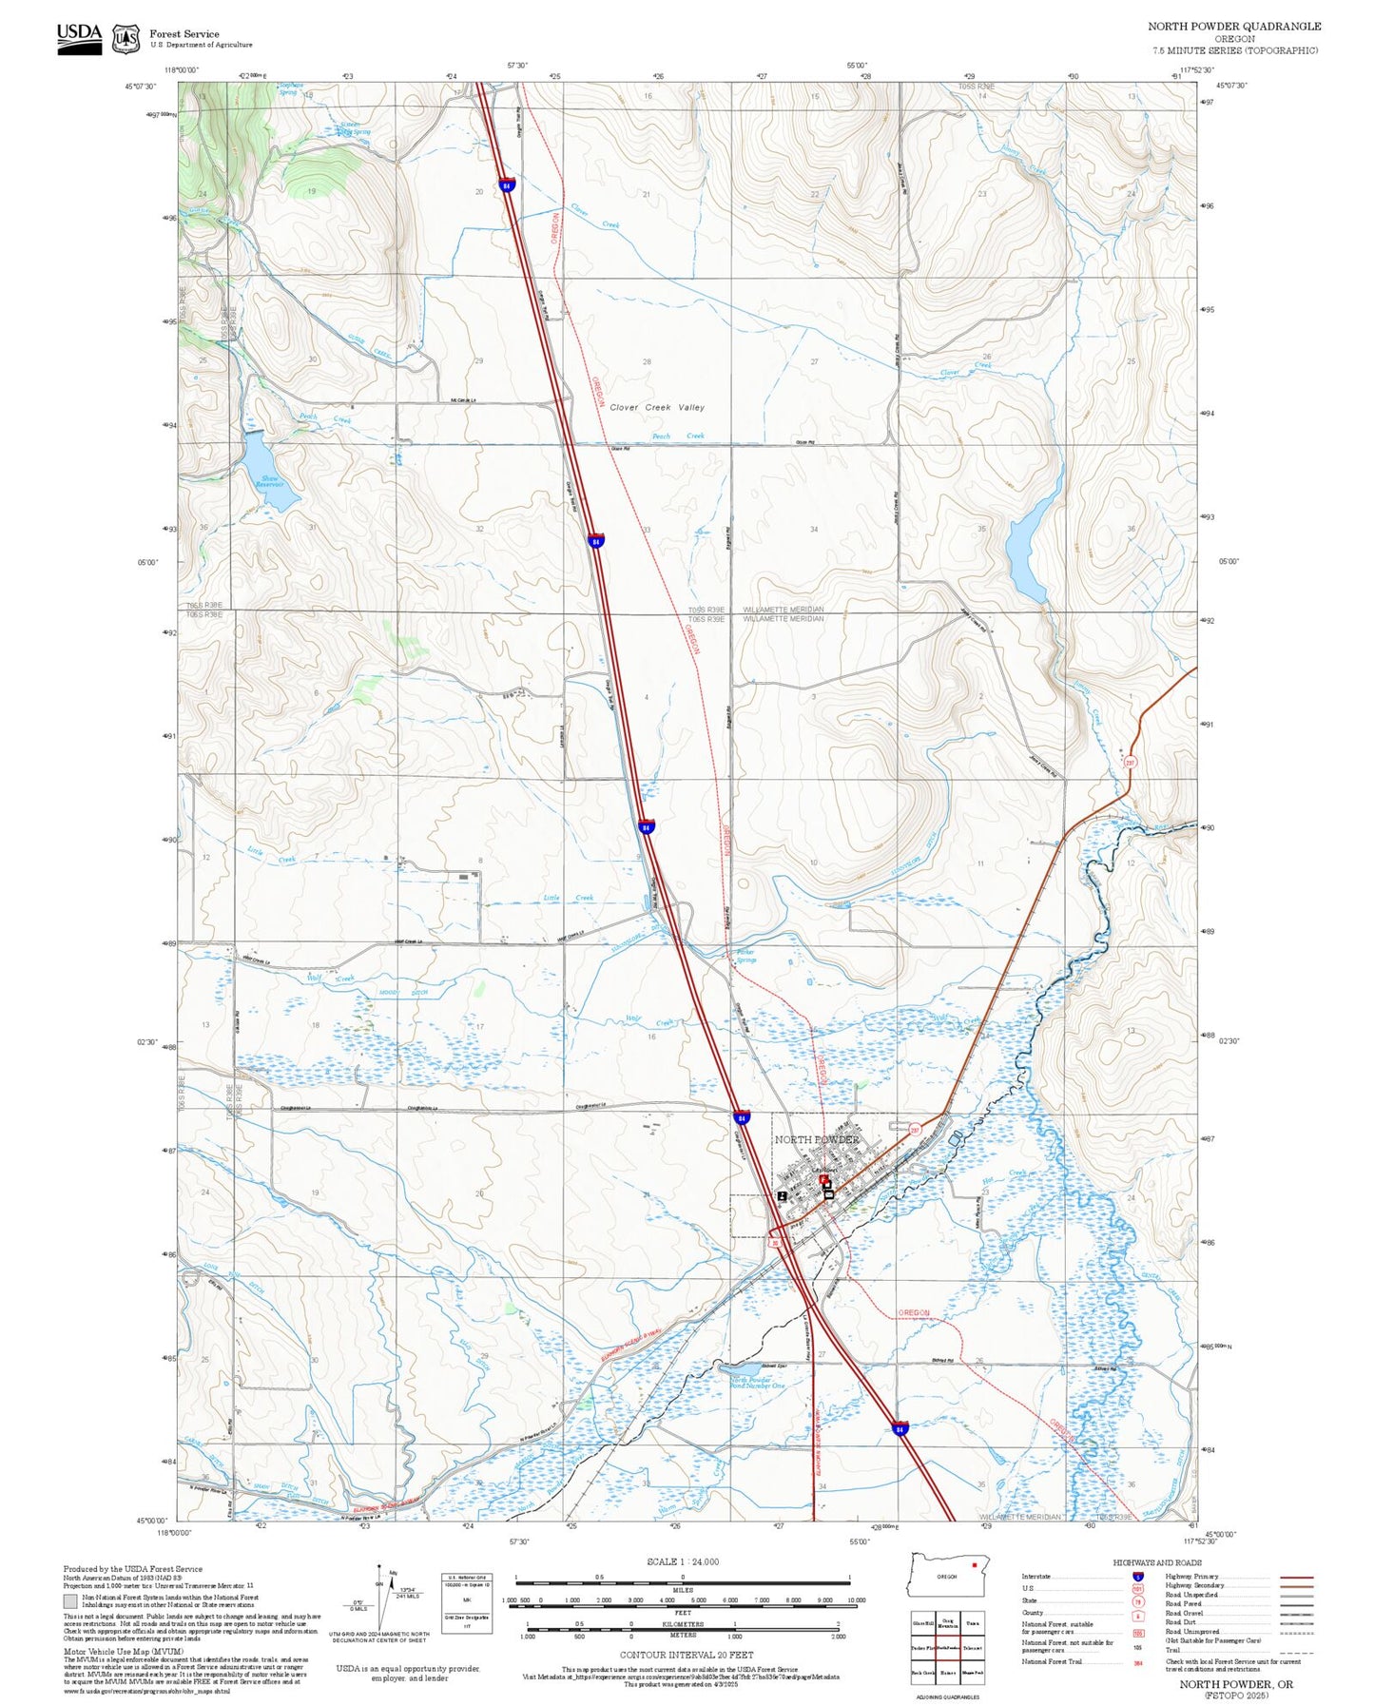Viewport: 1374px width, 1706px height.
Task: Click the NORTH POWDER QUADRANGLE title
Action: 1233,27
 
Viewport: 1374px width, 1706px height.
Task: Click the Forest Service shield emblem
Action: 126,39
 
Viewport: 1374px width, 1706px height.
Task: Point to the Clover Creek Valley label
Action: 657,407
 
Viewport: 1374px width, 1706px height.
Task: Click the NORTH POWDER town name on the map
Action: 816,1139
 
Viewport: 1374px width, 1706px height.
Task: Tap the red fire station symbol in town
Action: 823,1178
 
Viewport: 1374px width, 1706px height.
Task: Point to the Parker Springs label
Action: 746,956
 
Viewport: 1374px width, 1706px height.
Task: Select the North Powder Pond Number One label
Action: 758,1383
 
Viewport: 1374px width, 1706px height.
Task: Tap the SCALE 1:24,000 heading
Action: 683,1561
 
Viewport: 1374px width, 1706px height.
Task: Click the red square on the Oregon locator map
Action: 974,1565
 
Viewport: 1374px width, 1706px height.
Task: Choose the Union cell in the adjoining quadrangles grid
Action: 972,1623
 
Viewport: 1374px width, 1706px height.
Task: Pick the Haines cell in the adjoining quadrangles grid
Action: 948,1673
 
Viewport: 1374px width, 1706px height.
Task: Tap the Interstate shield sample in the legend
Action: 1137,1576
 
